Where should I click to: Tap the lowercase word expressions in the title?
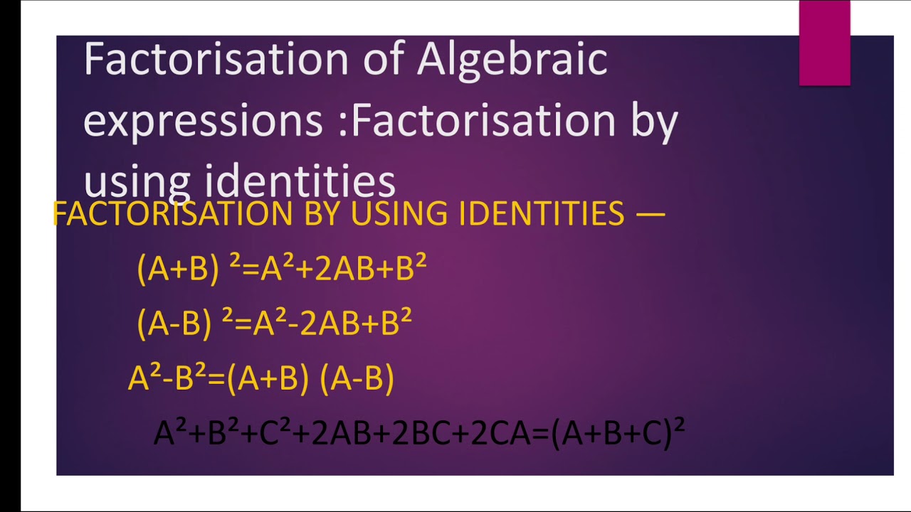click(x=203, y=121)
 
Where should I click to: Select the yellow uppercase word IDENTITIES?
click(x=542, y=213)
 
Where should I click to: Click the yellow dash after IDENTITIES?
click(x=649, y=213)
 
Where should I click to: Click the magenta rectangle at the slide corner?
click(x=824, y=43)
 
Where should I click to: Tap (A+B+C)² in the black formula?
click(x=618, y=433)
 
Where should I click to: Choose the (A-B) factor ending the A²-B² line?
click(x=357, y=379)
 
